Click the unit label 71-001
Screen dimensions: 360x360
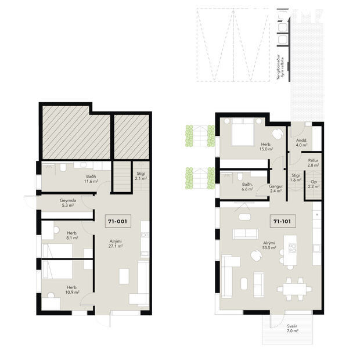click(x=117, y=221)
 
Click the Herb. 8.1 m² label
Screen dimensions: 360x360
click(x=72, y=235)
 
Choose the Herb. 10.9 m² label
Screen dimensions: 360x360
click(x=72, y=290)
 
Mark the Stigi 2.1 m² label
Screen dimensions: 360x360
click(x=141, y=176)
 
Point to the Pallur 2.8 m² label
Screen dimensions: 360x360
click(x=313, y=163)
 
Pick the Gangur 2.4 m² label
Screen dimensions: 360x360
click(x=275, y=188)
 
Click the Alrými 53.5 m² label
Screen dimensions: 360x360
click(x=269, y=245)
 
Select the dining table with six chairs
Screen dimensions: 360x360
click(x=291, y=286)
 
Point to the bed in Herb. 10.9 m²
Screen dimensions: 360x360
click(x=57, y=272)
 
